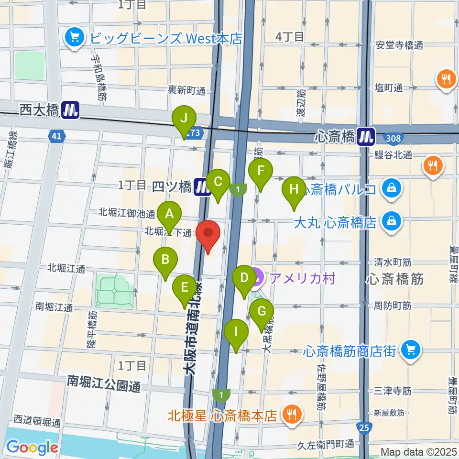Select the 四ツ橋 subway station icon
[x=203, y=186]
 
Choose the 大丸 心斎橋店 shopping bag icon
[x=392, y=221]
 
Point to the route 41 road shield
[x=56, y=137]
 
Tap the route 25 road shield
[x=365, y=427]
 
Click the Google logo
[x=32, y=448]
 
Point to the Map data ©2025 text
[x=418, y=451]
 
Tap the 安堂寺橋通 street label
[x=400, y=46]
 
